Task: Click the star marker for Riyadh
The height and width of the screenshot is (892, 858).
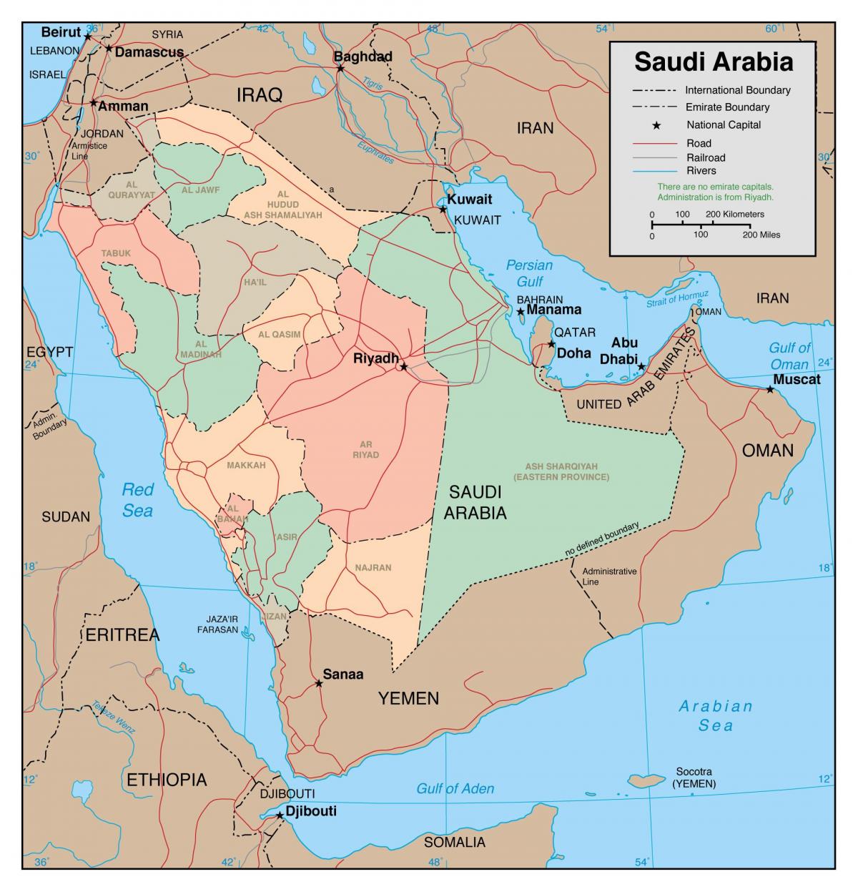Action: pyautogui.click(x=403, y=366)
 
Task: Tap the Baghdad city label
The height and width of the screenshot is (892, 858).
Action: pyautogui.click(x=363, y=57)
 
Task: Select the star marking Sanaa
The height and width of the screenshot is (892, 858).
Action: pyautogui.click(x=319, y=683)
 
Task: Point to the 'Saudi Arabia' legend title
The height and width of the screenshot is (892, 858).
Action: pyautogui.click(x=714, y=62)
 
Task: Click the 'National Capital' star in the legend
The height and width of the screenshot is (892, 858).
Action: pyautogui.click(x=655, y=125)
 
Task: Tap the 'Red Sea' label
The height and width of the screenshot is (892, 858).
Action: pyautogui.click(x=137, y=499)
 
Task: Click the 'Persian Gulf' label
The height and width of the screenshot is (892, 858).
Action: pyautogui.click(x=529, y=273)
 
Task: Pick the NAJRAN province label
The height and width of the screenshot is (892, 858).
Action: pyautogui.click(x=373, y=567)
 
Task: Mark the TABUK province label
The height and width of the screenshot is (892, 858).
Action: pyautogui.click(x=116, y=253)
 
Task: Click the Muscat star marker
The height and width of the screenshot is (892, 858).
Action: pyautogui.click(x=770, y=390)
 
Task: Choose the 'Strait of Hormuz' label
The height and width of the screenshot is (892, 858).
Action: pyautogui.click(x=677, y=299)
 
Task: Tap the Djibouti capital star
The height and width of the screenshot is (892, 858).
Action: pyautogui.click(x=279, y=815)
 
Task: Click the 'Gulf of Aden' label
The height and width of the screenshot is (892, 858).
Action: pyautogui.click(x=455, y=788)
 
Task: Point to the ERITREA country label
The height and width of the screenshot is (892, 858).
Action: pyautogui.click(x=122, y=634)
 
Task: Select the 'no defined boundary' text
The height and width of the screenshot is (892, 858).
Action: pyautogui.click(x=601, y=539)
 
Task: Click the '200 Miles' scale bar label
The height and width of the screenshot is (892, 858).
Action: pyautogui.click(x=761, y=235)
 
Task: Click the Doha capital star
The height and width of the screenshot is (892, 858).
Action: pyautogui.click(x=551, y=344)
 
